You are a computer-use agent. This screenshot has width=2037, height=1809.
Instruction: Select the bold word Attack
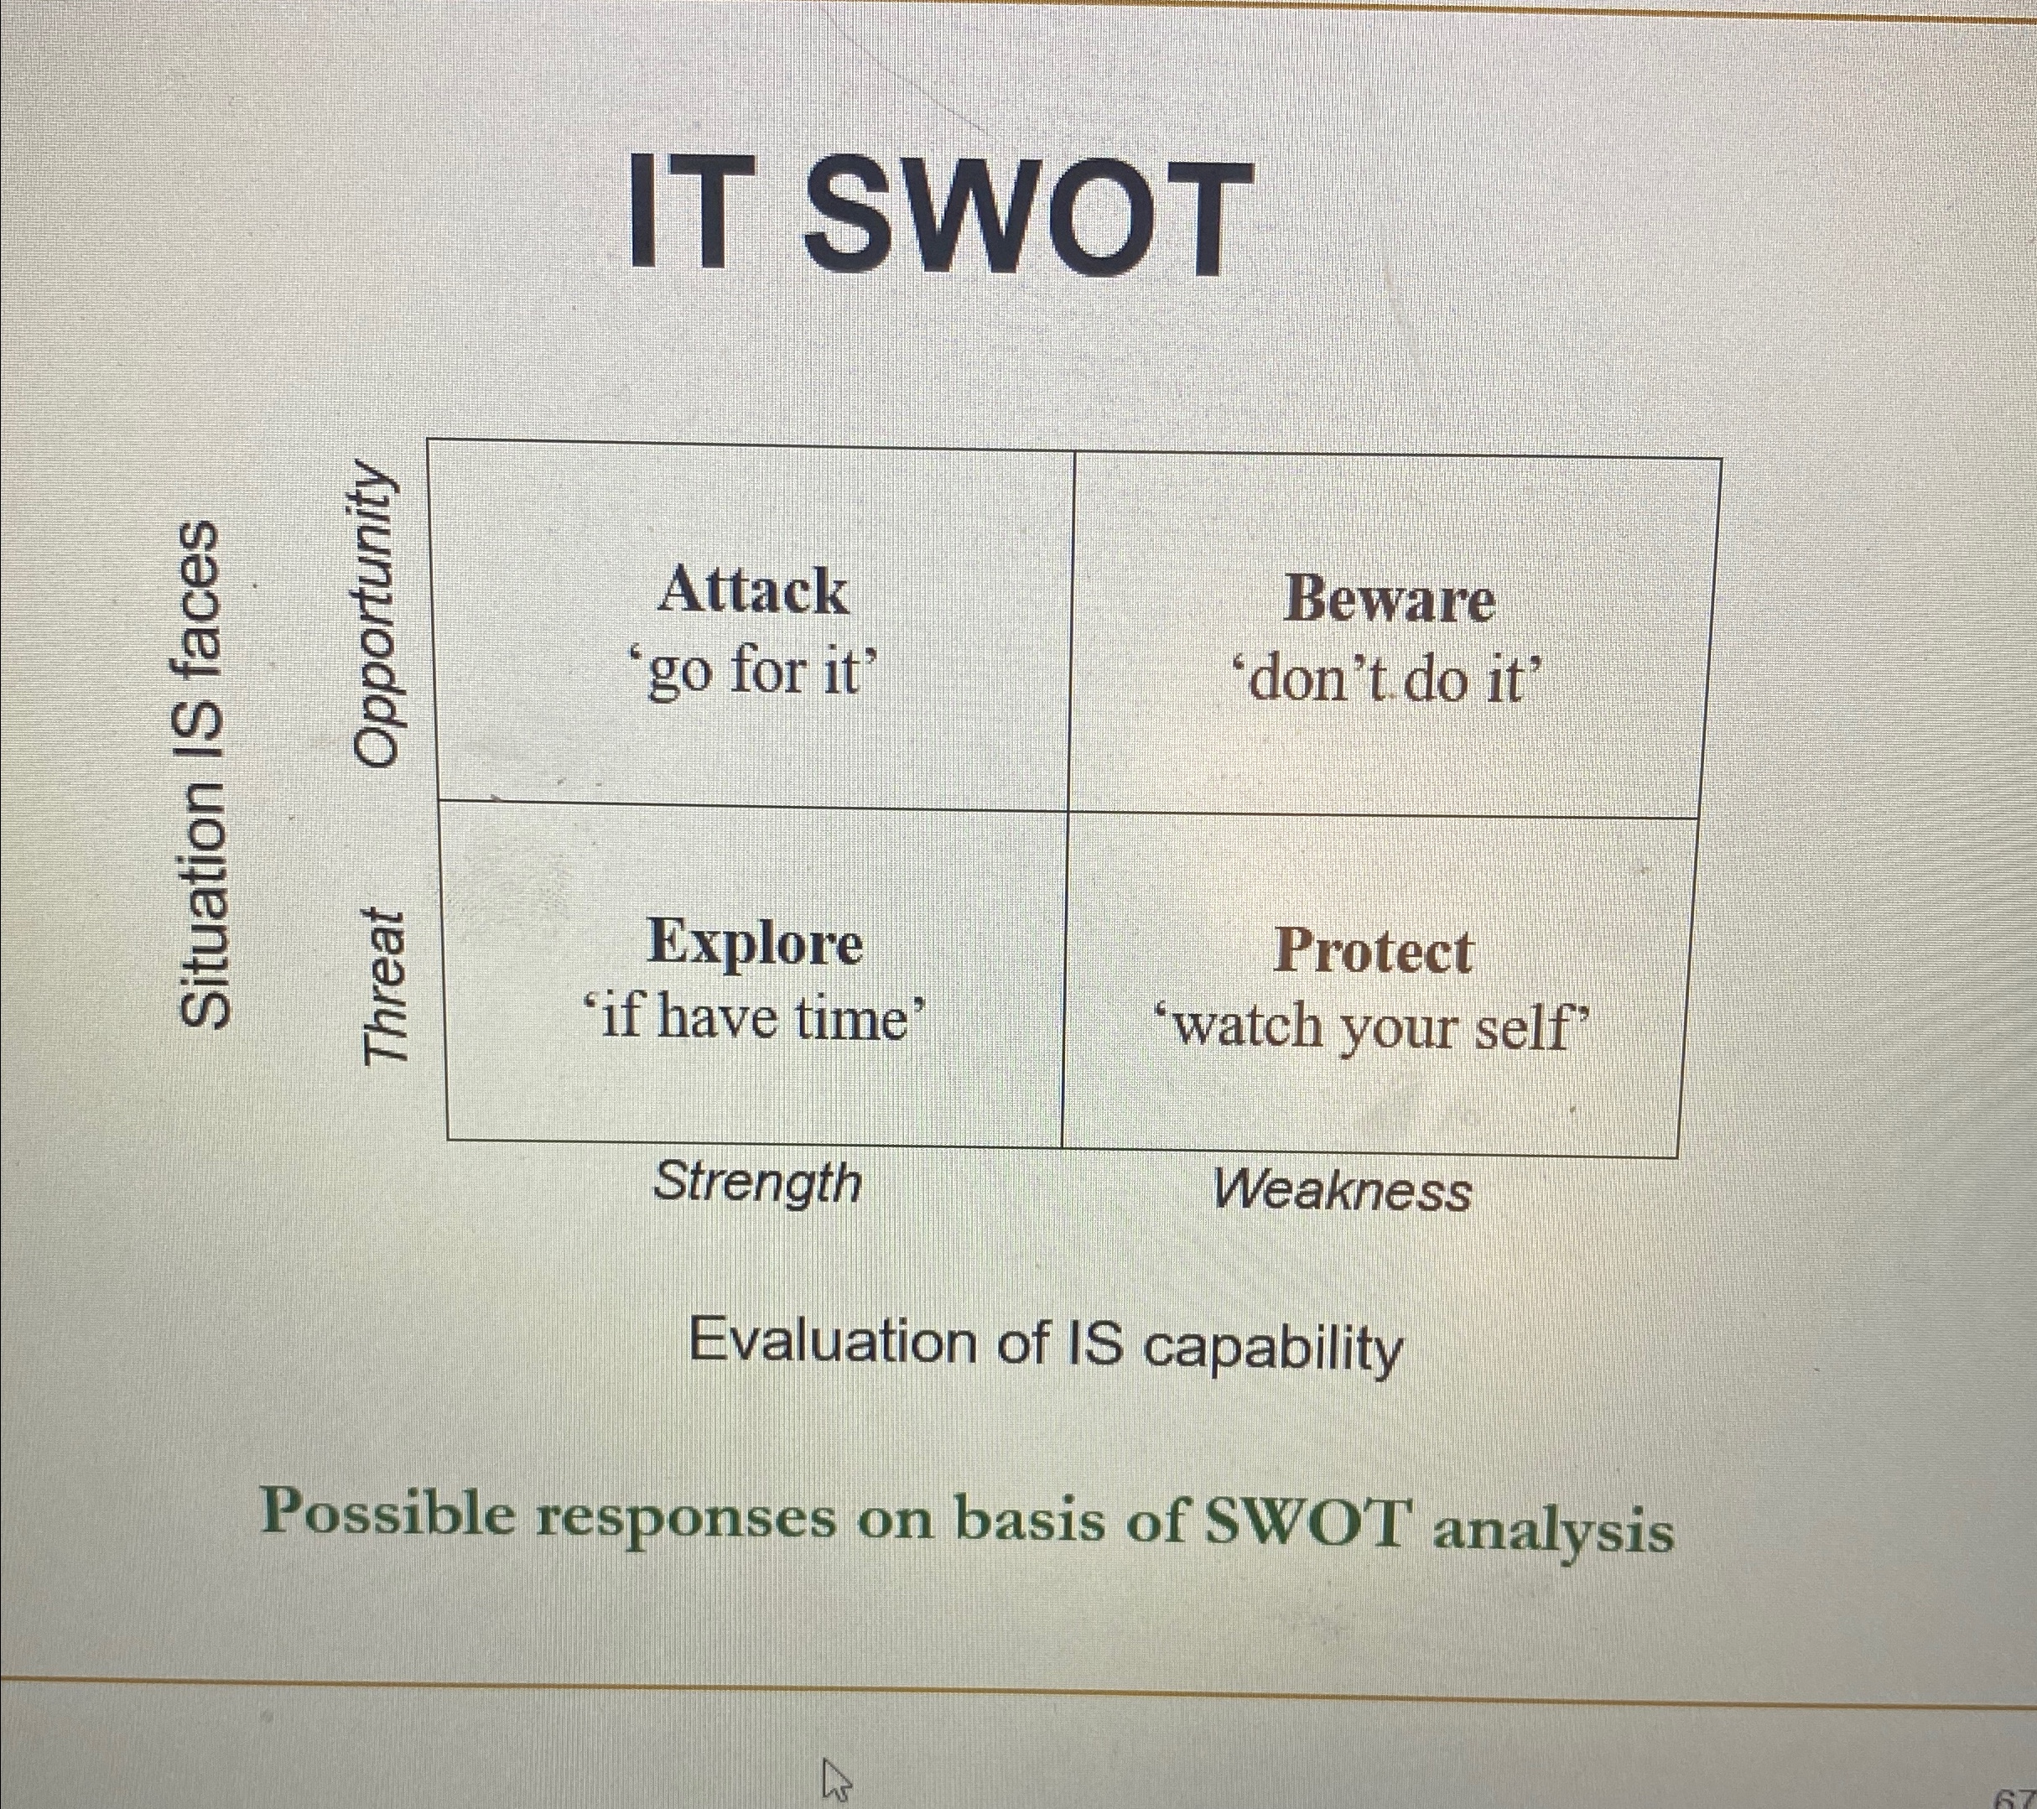click(x=752, y=590)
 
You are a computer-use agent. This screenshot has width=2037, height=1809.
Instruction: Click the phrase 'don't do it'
click(x=1388, y=682)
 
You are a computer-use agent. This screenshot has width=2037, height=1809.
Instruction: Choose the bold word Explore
click(x=755, y=943)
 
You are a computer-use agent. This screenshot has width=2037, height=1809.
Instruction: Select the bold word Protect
click(x=1372, y=952)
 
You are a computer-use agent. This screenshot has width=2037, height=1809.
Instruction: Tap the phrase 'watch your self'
click(x=1372, y=1027)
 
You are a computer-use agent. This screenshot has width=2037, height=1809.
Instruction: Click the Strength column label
click(x=757, y=1183)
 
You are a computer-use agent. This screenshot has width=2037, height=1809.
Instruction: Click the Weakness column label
click(x=1343, y=1190)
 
